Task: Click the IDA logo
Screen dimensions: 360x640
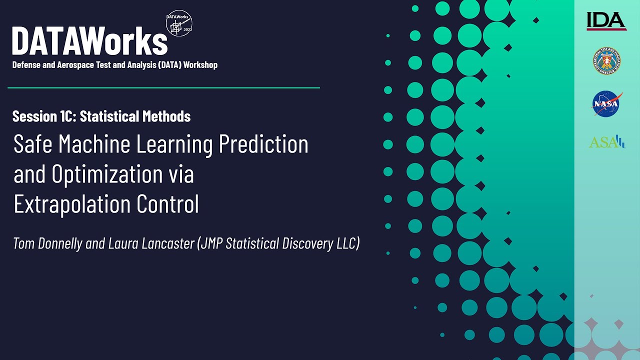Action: click(606, 21)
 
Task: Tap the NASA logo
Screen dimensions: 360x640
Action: click(606, 103)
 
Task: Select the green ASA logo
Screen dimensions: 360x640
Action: click(606, 142)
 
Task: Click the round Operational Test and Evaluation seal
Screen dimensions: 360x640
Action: click(606, 61)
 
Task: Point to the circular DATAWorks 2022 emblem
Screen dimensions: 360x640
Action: click(179, 23)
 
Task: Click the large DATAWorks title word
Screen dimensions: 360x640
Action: click(90, 41)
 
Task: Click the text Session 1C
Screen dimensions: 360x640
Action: click(44, 116)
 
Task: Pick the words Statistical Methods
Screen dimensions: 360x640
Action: click(135, 116)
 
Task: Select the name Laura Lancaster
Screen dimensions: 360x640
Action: click(150, 243)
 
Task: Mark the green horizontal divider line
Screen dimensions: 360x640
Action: click(163, 87)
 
